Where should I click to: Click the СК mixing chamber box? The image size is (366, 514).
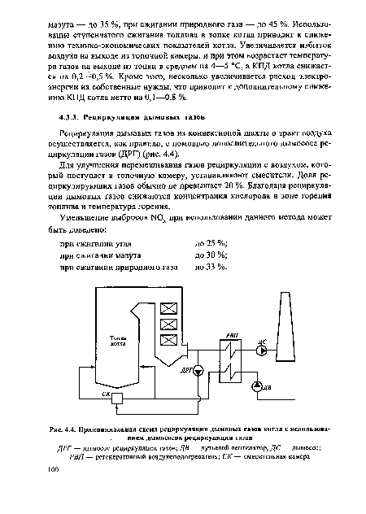point(120,394)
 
